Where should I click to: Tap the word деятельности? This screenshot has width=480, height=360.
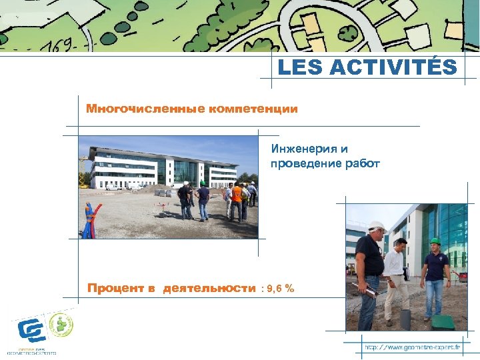tap(209, 288)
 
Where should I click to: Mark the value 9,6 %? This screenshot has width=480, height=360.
tap(281, 288)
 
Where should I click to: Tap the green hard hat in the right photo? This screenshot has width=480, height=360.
tap(435, 241)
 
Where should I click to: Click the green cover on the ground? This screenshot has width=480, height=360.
tap(442, 322)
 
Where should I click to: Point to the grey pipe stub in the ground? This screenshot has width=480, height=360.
tap(405, 319)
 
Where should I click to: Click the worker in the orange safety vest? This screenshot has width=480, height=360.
tap(237, 199)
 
